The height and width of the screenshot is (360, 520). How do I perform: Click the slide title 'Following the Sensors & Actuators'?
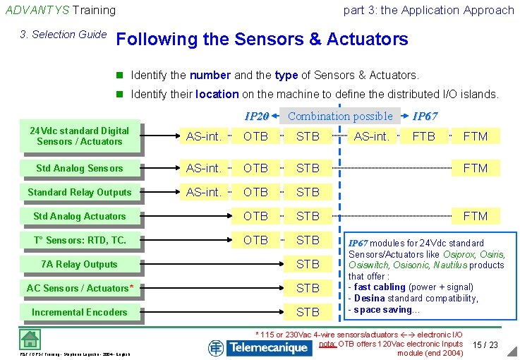(x=262, y=40)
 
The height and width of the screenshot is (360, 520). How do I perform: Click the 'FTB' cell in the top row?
(x=423, y=136)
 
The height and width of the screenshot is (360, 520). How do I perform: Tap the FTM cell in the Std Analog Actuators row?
(x=475, y=216)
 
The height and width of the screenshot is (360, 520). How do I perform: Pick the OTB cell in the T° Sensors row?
(x=255, y=240)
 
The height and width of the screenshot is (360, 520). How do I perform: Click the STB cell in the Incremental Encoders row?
(x=308, y=312)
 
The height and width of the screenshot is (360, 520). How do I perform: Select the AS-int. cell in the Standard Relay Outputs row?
(x=203, y=192)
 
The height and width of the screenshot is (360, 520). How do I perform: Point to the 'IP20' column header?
(x=256, y=116)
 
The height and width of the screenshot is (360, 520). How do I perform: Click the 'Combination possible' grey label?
(x=340, y=116)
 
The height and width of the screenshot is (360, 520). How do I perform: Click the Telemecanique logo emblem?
(x=216, y=347)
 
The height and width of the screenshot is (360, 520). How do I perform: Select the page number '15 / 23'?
(x=485, y=344)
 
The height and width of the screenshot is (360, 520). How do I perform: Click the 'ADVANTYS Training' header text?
(x=61, y=10)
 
